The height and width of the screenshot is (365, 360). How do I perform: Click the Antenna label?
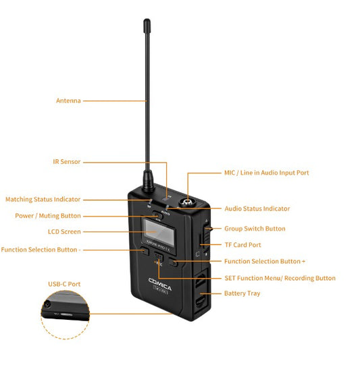tap(68, 101)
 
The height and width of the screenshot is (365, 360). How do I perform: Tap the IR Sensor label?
tap(67, 162)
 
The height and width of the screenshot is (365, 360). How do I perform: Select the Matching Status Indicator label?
tap(43, 199)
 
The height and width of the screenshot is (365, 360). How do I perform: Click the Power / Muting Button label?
tap(47, 216)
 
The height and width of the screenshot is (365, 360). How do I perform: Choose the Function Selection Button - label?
tap(41, 250)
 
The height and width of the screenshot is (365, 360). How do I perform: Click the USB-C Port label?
tap(64, 284)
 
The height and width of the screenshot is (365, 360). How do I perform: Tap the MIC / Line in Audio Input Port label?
tap(267, 173)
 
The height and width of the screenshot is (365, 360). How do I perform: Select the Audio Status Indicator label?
tap(257, 208)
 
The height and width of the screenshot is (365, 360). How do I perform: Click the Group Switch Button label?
tap(255, 229)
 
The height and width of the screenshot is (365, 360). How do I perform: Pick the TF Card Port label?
tap(242, 245)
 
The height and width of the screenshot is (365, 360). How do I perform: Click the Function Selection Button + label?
tap(265, 261)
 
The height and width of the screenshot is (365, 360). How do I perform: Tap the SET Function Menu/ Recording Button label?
tap(280, 278)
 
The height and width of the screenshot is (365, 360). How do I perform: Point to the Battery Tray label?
tap(242, 293)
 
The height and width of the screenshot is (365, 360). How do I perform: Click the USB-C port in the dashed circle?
tap(68, 314)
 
